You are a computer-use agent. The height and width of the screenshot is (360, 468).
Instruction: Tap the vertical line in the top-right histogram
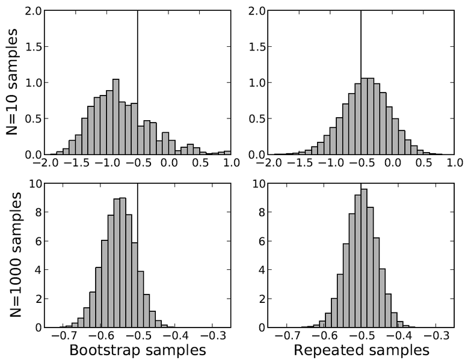point(360,48)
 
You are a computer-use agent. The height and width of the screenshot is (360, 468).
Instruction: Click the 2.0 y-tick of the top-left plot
point(32,11)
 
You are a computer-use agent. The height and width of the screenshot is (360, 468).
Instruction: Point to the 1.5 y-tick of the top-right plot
point(255,47)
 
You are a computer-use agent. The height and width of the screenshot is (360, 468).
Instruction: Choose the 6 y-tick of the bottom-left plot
point(38,242)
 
